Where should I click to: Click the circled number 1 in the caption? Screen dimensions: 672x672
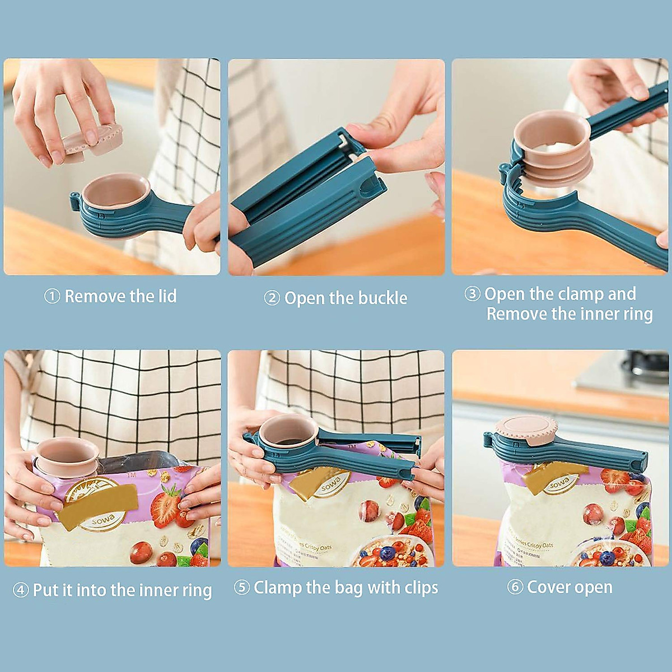(52, 296)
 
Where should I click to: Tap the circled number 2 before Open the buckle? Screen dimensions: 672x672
(272, 298)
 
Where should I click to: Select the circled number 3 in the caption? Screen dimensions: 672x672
(472, 293)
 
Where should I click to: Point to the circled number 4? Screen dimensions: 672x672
(21, 590)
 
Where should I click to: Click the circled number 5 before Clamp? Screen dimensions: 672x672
(241, 587)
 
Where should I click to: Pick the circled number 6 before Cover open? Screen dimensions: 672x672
(515, 587)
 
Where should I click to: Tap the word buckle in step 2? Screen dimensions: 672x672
(382, 298)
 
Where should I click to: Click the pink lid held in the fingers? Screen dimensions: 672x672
(92, 140)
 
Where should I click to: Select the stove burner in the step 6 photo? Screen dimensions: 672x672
(644, 367)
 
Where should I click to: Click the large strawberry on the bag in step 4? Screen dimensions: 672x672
(166, 507)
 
